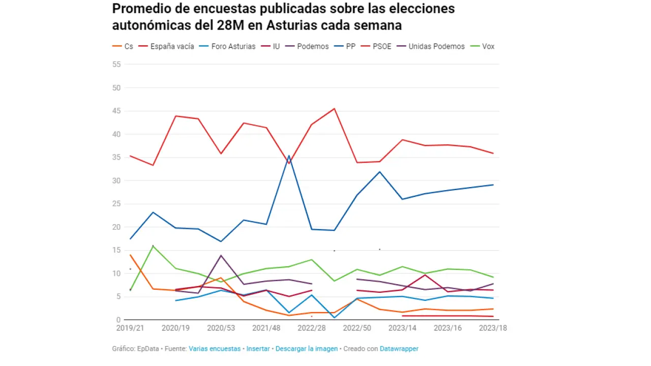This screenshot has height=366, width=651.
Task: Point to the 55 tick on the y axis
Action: pyautogui.click(x=116, y=65)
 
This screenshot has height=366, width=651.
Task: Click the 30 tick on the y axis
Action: pyautogui.click(x=116, y=180)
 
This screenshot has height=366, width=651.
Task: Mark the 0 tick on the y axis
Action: pyautogui.click(x=119, y=320)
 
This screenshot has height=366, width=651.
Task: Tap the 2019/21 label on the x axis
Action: pyautogui.click(x=130, y=328)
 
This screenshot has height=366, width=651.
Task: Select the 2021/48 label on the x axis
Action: pyautogui.click(x=267, y=328)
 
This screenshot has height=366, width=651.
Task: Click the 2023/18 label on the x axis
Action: pyautogui.click(x=493, y=328)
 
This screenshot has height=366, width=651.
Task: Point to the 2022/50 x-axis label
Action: pyautogui.click(x=357, y=328)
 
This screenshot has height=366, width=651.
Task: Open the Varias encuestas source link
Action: pyautogui.click(x=215, y=349)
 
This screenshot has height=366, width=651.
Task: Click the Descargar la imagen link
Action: pyautogui.click(x=307, y=349)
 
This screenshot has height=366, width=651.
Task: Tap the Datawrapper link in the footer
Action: pyautogui.click(x=399, y=349)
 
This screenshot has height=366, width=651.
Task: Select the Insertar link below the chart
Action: pyautogui.click(x=258, y=349)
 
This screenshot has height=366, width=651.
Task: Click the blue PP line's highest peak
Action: pyautogui.click(x=289, y=156)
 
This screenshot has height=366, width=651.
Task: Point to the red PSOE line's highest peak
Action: pyautogui.click(x=334, y=108)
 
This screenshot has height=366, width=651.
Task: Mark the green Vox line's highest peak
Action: pyautogui.click(x=153, y=246)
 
